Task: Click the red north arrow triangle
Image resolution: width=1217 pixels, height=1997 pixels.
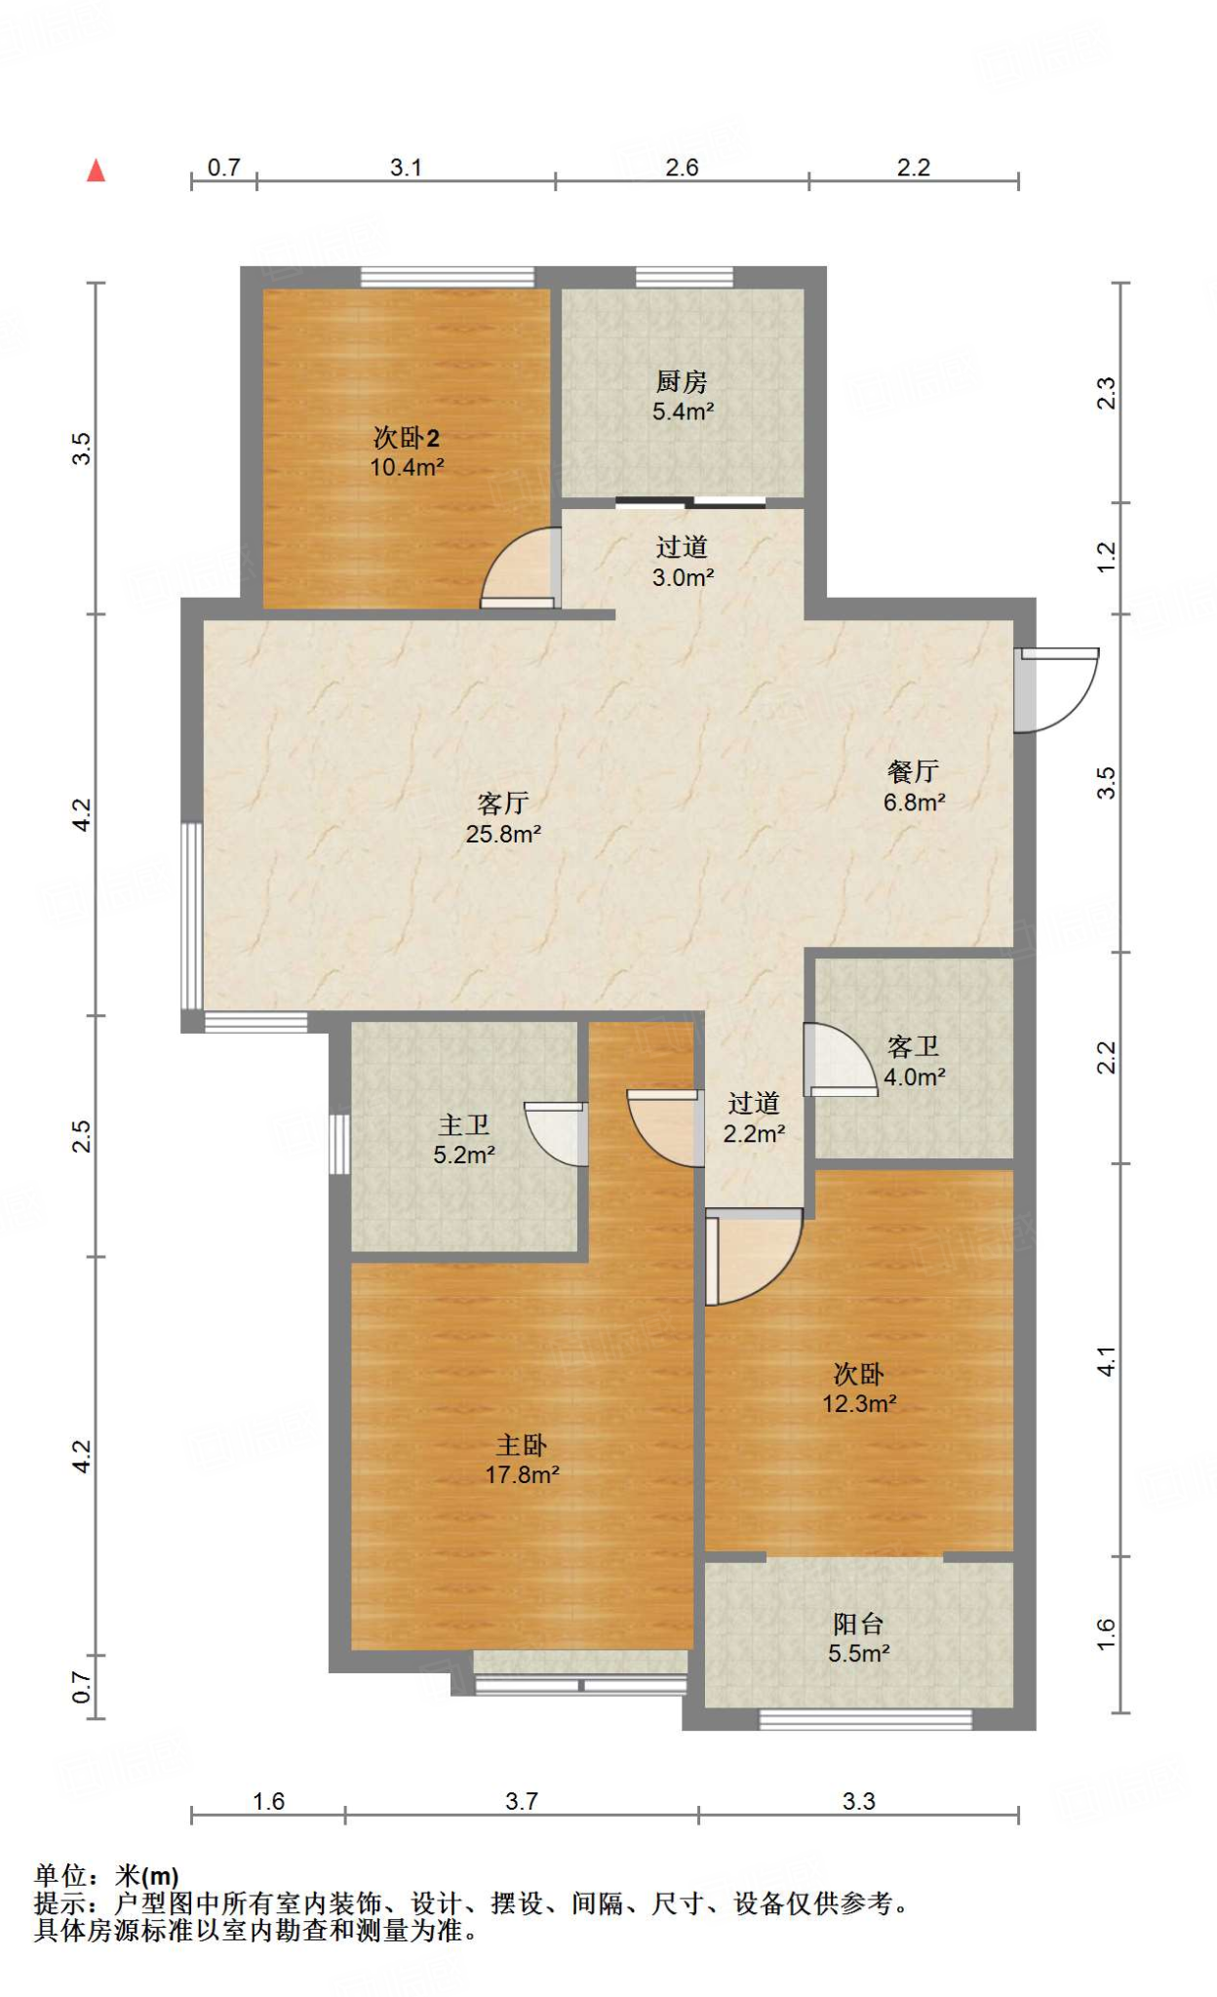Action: tap(96, 172)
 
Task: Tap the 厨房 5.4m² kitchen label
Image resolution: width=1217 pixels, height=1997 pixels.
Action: tap(683, 396)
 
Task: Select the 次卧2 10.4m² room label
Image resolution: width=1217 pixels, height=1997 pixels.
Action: tap(407, 451)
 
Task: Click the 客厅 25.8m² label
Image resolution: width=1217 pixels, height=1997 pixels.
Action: tap(503, 818)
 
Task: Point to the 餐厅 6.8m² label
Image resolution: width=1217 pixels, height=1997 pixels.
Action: tap(914, 787)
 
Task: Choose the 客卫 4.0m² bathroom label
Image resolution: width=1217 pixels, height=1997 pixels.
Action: tap(914, 1062)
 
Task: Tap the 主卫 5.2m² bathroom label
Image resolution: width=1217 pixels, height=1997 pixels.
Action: tap(464, 1140)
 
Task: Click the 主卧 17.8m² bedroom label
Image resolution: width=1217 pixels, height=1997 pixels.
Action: tap(522, 1460)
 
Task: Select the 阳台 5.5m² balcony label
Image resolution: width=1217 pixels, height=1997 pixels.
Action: tap(858, 1638)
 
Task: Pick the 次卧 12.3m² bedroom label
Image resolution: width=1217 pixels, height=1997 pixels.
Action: tap(858, 1389)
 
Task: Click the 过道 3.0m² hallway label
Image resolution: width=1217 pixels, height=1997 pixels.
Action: tap(683, 562)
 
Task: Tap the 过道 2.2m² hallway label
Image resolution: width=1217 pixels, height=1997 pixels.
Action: tap(754, 1118)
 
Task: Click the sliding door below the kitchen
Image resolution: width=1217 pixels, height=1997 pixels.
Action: tap(690, 503)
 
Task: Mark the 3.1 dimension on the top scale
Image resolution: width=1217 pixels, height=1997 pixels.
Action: tap(406, 168)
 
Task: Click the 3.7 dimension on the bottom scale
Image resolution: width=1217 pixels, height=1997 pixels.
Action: tap(521, 1801)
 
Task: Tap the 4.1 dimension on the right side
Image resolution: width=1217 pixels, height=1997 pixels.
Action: tap(1106, 1361)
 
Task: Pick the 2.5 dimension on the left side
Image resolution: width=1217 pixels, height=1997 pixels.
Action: tap(82, 1136)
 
